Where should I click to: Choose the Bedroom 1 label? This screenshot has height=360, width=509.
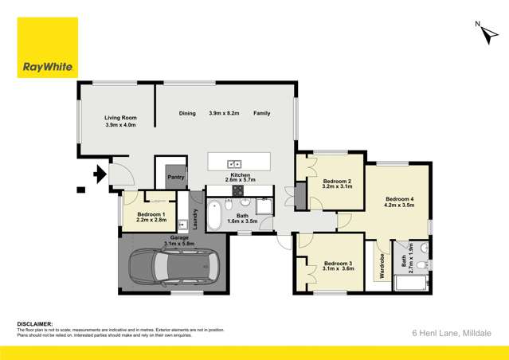151,214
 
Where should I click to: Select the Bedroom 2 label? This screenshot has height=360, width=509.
337,182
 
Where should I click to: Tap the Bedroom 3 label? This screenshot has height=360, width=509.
338,264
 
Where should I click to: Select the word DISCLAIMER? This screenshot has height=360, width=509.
35,324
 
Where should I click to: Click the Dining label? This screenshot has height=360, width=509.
187,113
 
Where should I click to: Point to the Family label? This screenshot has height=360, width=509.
261,113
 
